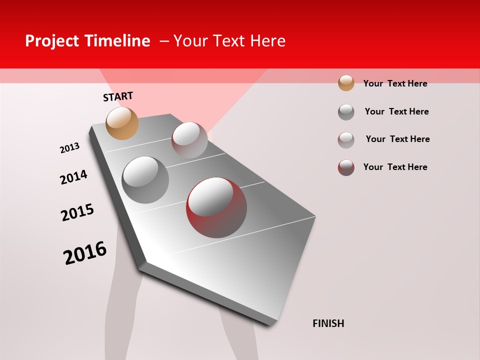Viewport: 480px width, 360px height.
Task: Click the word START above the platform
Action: [118, 96]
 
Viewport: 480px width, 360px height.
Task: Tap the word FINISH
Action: [328, 323]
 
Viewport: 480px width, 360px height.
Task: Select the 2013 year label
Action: [69, 148]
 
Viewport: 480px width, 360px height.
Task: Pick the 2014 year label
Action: [73, 177]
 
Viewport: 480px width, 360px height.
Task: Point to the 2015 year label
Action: [77, 212]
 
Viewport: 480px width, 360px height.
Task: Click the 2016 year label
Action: [85, 252]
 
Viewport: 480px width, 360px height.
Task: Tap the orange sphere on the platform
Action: [122, 123]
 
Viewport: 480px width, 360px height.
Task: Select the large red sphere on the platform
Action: [216, 207]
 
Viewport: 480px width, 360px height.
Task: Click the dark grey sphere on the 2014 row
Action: [145, 180]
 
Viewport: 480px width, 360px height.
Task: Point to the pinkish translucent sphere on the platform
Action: [189, 140]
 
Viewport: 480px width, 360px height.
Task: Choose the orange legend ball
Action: [346, 83]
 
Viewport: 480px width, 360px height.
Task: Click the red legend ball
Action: [346, 167]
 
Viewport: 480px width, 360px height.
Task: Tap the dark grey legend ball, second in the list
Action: [346, 112]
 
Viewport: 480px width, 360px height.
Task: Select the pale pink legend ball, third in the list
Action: [346, 140]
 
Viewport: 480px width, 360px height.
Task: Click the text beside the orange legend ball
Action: [395, 83]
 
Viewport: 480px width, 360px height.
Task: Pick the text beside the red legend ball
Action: [395, 167]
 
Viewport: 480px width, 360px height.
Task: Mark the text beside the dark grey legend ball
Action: [396, 111]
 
